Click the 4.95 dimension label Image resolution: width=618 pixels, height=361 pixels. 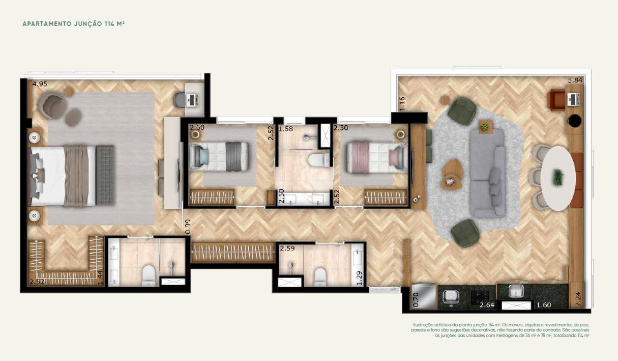[40, 84]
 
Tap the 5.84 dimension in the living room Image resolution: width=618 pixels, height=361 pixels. [575, 80]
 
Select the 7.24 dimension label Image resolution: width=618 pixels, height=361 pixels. [578, 299]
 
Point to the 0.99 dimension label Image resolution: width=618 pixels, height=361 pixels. [188, 227]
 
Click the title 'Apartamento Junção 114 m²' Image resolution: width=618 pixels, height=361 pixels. [74, 24]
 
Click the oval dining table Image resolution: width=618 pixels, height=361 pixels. [558, 178]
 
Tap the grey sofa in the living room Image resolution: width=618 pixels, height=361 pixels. [488, 173]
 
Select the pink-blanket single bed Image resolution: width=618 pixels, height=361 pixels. [377, 157]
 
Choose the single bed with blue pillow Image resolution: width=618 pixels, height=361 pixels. [219, 157]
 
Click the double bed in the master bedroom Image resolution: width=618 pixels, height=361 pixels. [70, 176]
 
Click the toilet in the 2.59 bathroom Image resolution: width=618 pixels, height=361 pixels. [320, 277]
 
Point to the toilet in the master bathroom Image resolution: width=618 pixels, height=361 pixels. [149, 275]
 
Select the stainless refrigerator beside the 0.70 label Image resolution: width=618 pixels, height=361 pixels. [423, 296]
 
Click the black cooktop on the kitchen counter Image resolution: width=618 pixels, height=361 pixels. [480, 296]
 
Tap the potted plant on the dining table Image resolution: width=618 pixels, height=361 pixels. [558, 177]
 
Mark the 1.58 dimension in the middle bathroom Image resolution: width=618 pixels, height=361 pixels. [285, 129]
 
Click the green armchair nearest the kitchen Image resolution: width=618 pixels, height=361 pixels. [465, 233]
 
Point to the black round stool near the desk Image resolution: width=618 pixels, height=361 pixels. [575, 121]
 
